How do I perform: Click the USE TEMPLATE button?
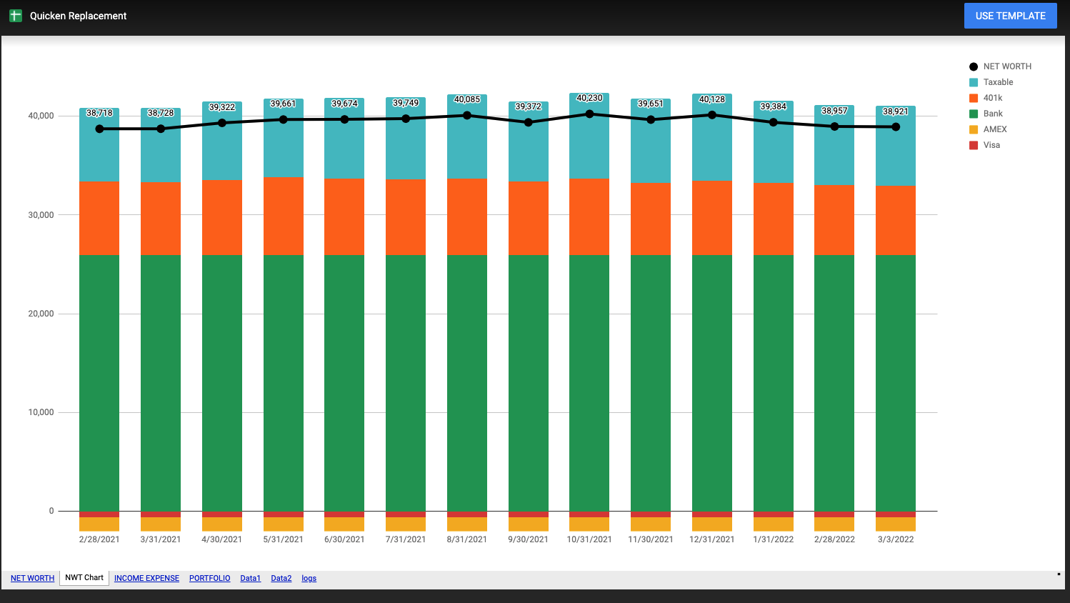(1010, 16)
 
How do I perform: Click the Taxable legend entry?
(998, 82)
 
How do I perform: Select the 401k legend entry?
(992, 98)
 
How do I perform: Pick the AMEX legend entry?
(994, 129)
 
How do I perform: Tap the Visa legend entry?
(991, 145)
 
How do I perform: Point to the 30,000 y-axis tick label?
(41, 215)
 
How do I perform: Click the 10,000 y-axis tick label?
(41, 412)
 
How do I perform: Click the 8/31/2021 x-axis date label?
(467, 539)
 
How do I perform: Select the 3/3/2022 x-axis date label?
(896, 539)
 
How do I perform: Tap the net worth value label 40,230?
(589, 98)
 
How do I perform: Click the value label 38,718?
(99, 113)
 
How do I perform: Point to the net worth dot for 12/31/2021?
(712, 115)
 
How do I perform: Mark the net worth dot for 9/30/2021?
(529, 122)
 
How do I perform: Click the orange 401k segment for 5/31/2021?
(284, 216)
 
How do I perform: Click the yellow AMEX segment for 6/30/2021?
(344, 524)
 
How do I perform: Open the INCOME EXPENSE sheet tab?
(146, 579)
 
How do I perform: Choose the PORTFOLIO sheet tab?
(209, 579)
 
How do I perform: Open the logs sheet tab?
(309, 579)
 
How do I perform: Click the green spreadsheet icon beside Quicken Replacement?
(16, 16)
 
